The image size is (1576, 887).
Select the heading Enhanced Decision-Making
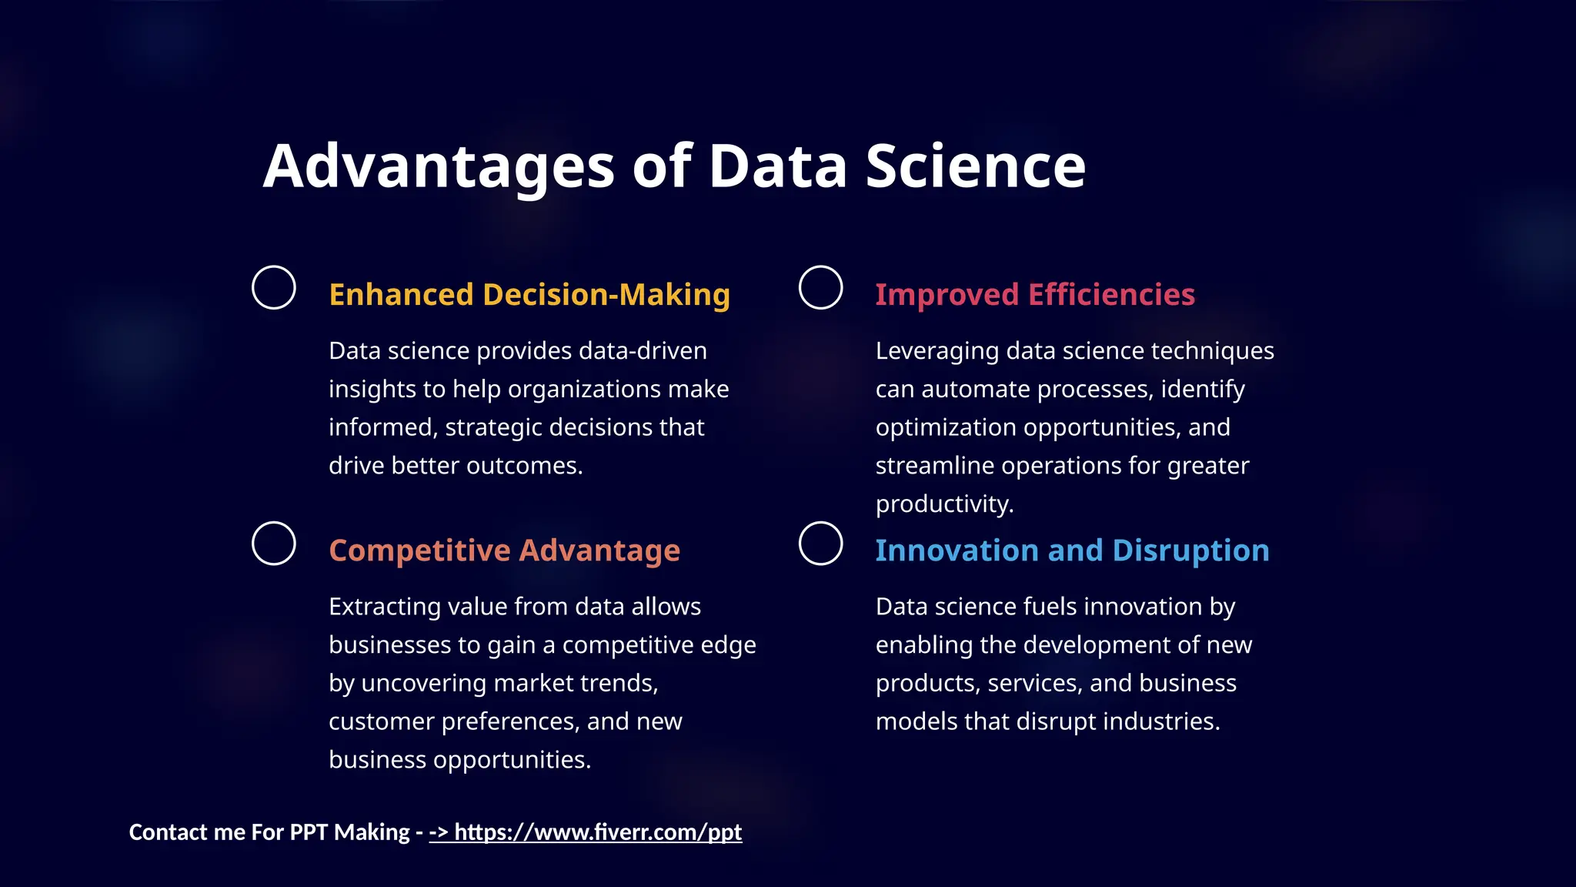click(529, 295)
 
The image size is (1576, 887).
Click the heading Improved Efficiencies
click(1035, 295)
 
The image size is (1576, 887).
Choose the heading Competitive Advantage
click(504, 551)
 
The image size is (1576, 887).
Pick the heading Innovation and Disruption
click(1072, 551)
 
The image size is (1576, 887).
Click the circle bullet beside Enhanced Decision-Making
click(274, 288)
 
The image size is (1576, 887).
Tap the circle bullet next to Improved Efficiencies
click(820, 288)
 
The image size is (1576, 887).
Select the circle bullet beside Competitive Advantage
click(274, 544)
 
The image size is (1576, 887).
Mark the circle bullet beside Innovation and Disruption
click(820, 544)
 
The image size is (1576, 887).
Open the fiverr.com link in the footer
click(597, 832)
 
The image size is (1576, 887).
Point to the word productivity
click(943, 504)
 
